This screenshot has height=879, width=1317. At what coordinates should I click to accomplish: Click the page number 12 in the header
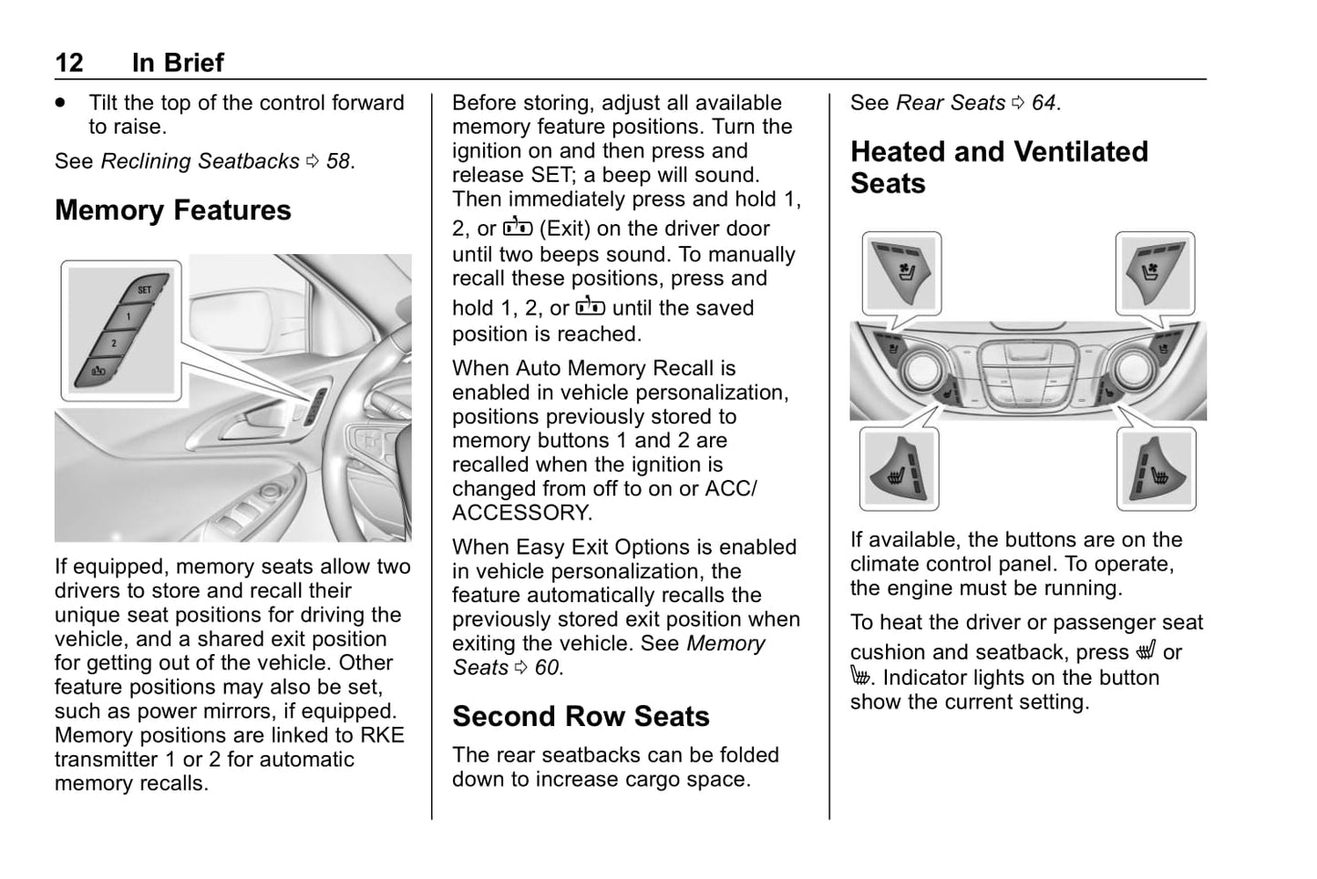(69, 62)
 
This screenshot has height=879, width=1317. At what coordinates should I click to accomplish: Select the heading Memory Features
(173, 210)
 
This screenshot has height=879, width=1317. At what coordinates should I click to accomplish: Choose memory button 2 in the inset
(113, 343)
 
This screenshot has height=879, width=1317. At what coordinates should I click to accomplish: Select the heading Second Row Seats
(581, 717)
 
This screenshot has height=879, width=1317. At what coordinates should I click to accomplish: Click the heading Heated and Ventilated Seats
(999, 167)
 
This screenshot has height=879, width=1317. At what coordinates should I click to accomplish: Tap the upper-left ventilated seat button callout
(900, 272)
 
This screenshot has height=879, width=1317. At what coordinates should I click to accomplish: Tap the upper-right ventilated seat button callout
(1155, 272)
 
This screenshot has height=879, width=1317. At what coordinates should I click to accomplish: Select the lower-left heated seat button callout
(899, 469)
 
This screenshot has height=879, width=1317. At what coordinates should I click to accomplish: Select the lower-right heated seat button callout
(1156, 469)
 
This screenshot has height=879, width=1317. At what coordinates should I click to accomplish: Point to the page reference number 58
(338, 161)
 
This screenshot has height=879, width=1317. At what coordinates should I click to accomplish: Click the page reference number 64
(1044, 103)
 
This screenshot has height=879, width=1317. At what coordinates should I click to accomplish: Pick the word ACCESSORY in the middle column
(521, 513)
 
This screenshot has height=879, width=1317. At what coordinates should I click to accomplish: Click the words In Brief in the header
(178, 62)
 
